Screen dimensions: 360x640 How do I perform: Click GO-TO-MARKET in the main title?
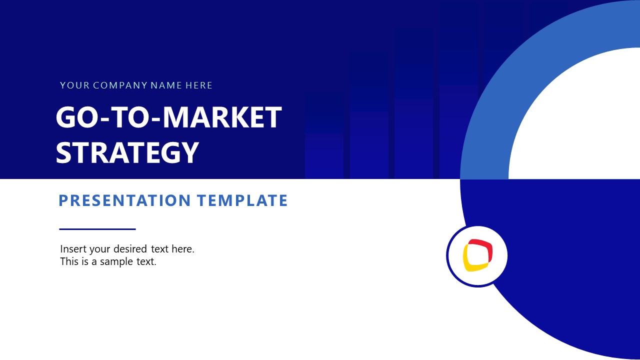168,118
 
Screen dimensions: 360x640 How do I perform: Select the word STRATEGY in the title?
127,153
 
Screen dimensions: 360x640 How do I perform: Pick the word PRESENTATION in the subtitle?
125,200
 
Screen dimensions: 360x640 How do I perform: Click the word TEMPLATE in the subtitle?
242,200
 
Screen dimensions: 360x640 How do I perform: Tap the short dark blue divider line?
97,229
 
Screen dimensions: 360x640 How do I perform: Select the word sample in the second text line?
116,261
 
